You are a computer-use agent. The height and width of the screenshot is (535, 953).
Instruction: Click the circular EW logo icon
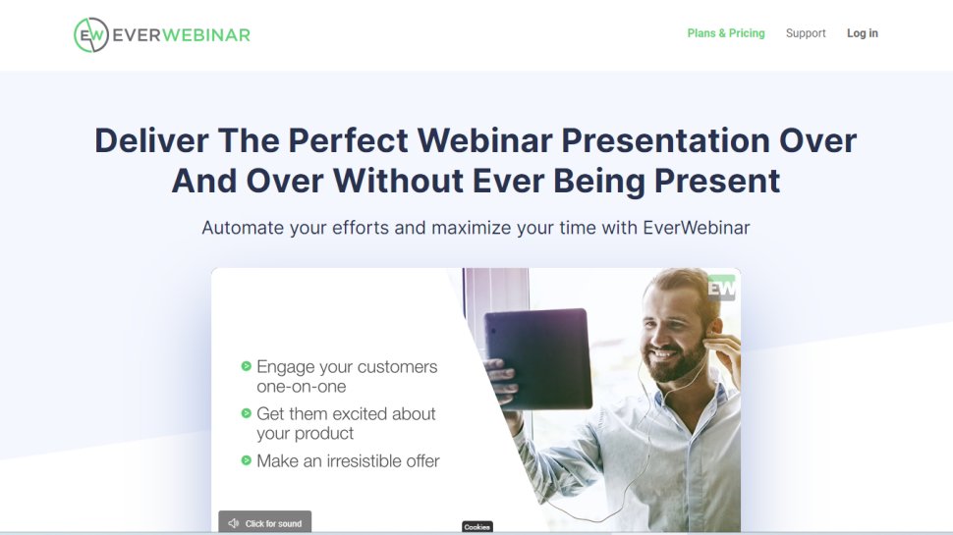[x=90, y=34]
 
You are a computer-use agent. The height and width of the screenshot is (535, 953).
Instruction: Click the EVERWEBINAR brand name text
[x=180, y=34]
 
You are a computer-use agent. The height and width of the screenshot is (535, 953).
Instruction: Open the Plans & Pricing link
[x=725, y=33]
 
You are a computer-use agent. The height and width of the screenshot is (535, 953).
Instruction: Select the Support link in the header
[x=806, y=33]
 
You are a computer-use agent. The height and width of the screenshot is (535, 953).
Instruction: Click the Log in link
[x=862, y=33]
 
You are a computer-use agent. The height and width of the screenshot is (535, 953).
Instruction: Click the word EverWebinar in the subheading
[x=696, y=228]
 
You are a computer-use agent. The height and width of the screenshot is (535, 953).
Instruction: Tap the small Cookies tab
[x=476, y=527]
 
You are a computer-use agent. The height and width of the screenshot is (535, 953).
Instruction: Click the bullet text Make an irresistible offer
[x=348, y=460]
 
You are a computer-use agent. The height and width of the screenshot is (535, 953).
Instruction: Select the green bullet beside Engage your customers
[x=246, y=366]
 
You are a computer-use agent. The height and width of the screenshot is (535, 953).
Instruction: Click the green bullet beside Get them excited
[x=246, y=413]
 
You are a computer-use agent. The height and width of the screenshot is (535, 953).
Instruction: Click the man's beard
[x=679, y=362]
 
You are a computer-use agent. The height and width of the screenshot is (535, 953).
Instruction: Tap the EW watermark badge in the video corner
[x=722, y=288]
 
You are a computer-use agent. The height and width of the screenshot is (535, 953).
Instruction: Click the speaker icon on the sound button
[x=233, y=524]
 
